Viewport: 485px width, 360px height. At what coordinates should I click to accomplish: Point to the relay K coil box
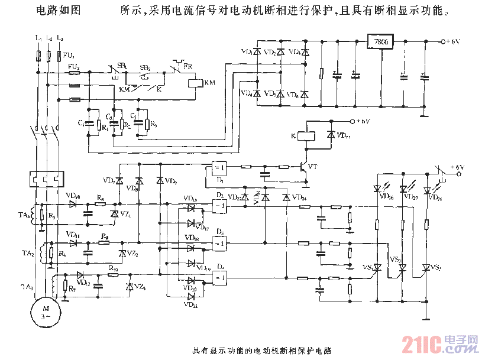pos(305,135)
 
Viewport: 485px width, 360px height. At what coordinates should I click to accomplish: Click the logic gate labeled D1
pos(220,168)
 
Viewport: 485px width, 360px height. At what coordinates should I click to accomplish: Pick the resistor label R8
pos(101,199)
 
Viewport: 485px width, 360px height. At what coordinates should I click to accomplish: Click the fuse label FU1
pos(70,56)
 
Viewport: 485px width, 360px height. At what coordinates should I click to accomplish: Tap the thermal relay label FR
pos(187,66)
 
